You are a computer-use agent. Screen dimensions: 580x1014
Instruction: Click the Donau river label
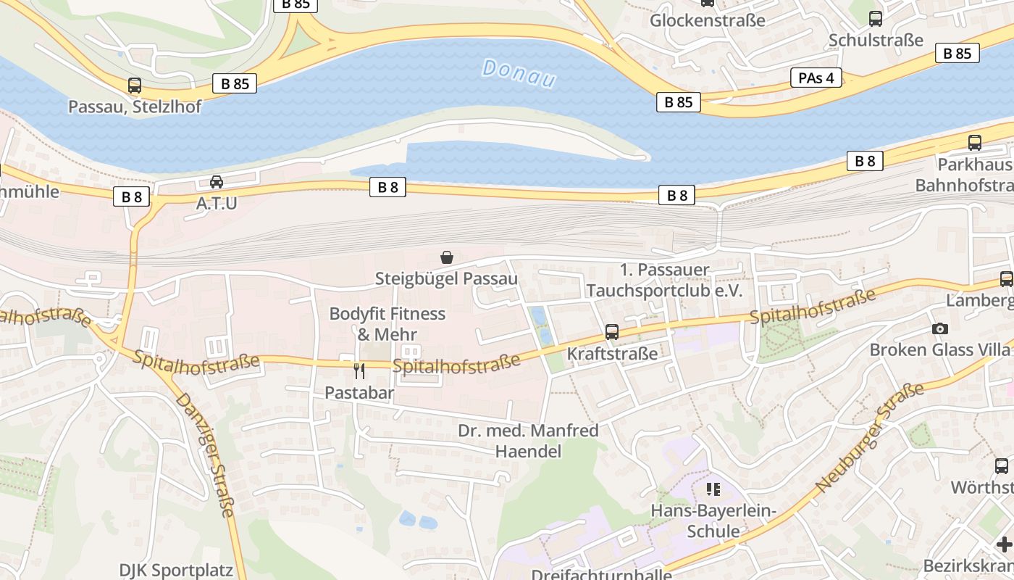pyautogui.click(x=519, y=74)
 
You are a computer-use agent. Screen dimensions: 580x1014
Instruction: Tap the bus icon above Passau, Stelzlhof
pyautogui.click(x=135, y=86)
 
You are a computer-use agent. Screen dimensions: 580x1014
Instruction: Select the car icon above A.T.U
pyautogui.click(x=217, y=182)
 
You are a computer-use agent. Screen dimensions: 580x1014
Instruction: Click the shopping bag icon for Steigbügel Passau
pyautogui.click(x=447, y=257)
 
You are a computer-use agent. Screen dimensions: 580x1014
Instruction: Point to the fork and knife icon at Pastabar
pyautogui.click(x=359, y=371)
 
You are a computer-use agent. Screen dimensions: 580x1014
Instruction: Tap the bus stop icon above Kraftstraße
pyautogui.click(x=612, y=332)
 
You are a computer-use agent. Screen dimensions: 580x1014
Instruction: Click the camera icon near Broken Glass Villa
pyautogui.click(x=940, y=328)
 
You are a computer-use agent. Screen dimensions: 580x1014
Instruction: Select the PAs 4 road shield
pyautogui.click(x=816, y=78)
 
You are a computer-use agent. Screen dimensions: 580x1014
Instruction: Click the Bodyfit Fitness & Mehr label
pyautogui.click(x=387, y=324)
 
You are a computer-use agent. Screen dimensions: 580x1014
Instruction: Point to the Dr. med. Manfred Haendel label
pyautogui.click(x=528, y=441)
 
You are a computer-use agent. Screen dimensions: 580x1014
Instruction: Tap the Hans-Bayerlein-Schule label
pyautogui.click(x=713, y=521)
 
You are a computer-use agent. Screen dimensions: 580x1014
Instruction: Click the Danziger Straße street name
pyautogui.click(x=206, y=455)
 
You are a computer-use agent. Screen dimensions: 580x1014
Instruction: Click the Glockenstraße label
pyautogui.click(x=707, y=20)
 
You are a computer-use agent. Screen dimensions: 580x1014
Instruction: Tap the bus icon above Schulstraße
pyautogui.click(x=876, y=19)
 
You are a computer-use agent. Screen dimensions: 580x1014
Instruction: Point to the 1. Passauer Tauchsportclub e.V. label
pyautogui.click(x=664, y=281)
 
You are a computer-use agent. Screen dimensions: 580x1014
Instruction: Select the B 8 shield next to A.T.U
pyautogui.click(x=131, y=196)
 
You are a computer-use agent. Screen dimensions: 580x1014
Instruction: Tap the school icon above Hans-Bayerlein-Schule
pyautogui.click(x=713, y=489)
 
